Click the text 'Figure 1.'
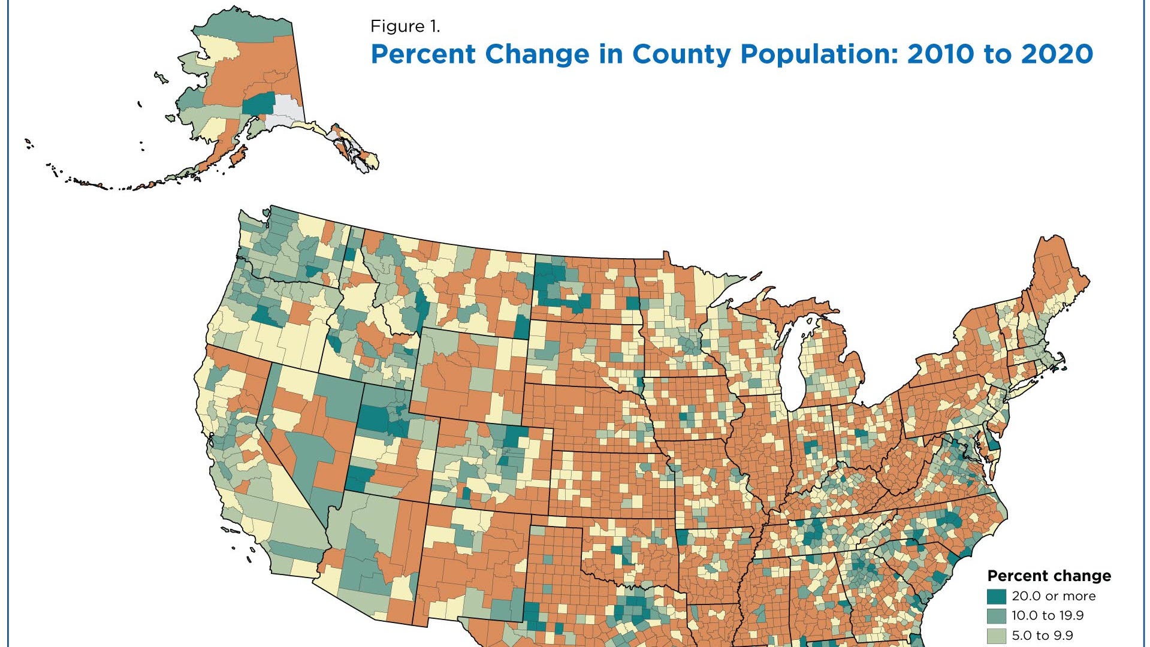tap(405, 26)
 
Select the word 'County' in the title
tap(681, 54)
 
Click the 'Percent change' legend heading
tap(1049, 576)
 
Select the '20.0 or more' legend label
tap(1054, 596)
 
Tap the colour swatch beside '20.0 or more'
tap(997, 596)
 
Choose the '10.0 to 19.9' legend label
tap(1048, 615)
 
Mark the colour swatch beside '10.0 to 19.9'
tap(997, 615)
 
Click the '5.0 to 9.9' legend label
tap(1042, 635)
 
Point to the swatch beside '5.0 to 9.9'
tap(997, 635)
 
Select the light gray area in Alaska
tap(286, 111)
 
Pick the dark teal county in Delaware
tap(993, 445)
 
